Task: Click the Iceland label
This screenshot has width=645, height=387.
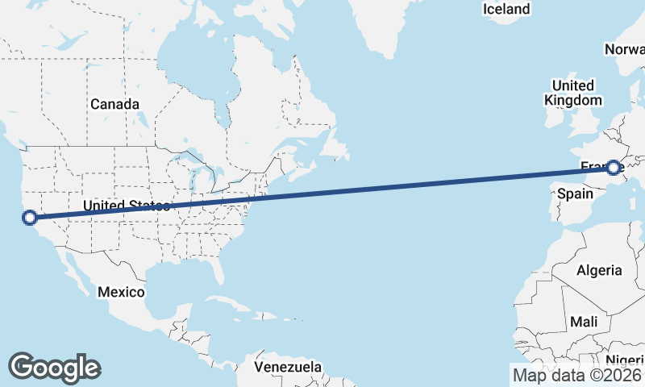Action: click(506, 9)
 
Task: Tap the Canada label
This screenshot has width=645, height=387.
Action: click(114, 104)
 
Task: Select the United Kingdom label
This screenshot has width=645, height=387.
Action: click(573, 93)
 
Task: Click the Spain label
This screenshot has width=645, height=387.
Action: click(575, 194)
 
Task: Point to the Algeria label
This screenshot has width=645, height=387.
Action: click(599, 270)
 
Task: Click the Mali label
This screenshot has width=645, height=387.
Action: click(584, 322)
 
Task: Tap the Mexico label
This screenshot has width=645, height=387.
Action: click(121, 291)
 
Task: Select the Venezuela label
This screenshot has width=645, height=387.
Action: click(288, 367)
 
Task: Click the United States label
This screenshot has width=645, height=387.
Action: click(127, 206)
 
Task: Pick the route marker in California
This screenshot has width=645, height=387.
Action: click(30, 217)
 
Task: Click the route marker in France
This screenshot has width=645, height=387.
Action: click(614, 168)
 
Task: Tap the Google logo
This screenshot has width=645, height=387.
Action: click(54, 367)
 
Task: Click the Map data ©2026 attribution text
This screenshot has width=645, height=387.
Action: click(576, 375)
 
